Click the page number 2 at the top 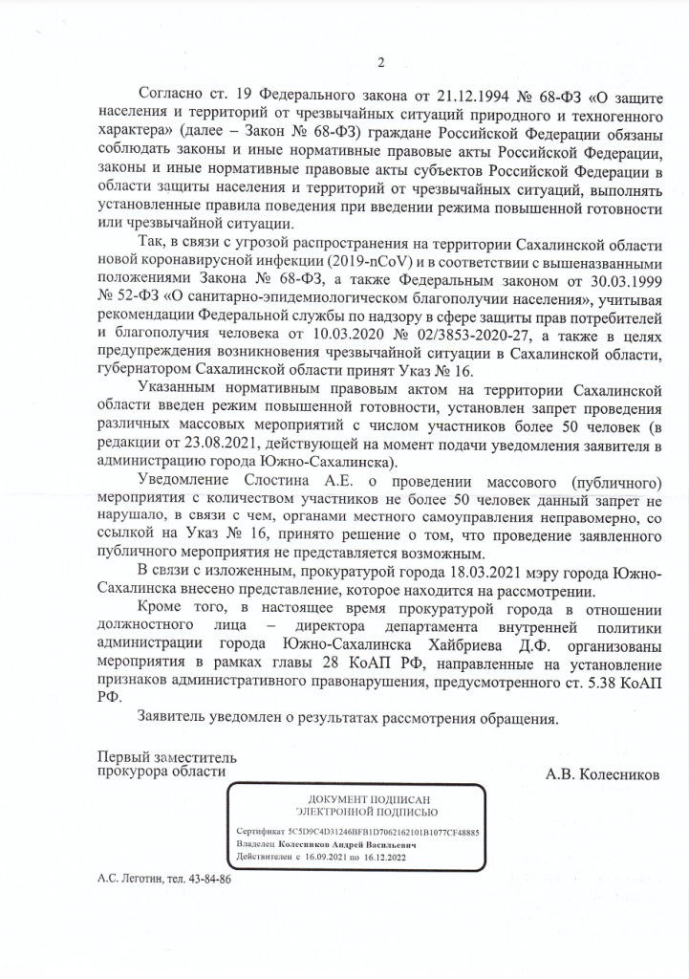[x=379, y=63]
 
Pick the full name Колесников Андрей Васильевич [x=354, y=844]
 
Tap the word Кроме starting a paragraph [x=159, y=608]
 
